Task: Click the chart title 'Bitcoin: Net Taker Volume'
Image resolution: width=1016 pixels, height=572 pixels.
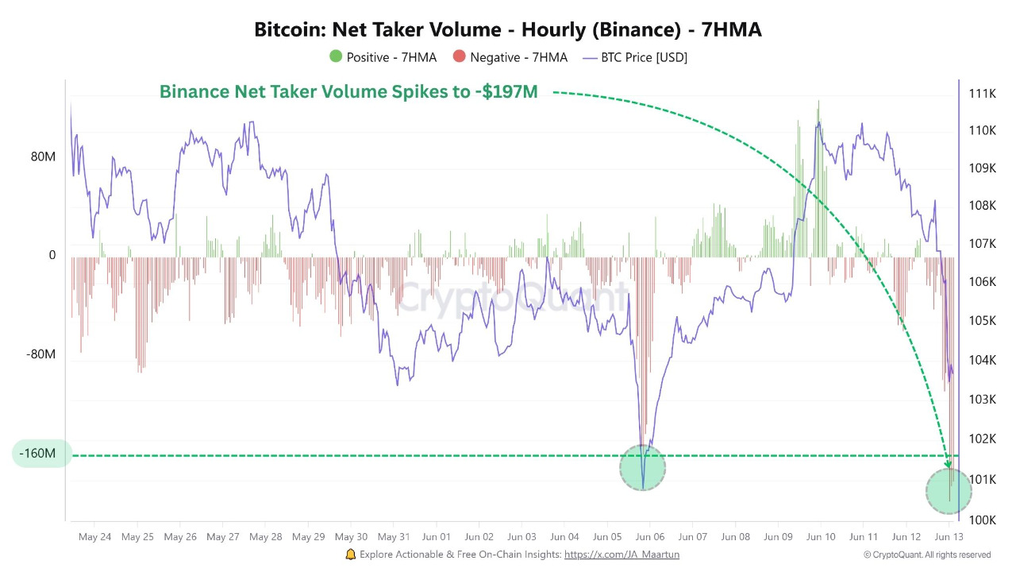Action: point(507,30)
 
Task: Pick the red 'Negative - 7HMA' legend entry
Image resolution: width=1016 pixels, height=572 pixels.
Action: point(510,57)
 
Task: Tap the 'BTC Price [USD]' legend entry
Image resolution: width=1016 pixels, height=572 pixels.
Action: point(635,57)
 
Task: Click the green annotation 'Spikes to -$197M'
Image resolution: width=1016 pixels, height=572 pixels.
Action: point(348,92)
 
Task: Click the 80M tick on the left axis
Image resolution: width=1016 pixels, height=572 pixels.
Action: point(43,157)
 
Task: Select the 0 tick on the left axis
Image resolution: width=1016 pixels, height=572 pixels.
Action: point(52,255)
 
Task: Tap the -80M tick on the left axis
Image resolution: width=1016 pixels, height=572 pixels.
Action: point(41,354)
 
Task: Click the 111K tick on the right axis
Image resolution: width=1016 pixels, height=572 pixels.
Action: point(982,94)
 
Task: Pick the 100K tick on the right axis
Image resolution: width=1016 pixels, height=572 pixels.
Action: point(982,520)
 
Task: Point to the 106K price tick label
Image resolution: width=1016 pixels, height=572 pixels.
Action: point(982,282)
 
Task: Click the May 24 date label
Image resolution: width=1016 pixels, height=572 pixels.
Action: point(94,537)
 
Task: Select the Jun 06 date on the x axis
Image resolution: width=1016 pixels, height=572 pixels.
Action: point(650,537)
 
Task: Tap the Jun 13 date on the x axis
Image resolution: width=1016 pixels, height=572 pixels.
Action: point(949,537)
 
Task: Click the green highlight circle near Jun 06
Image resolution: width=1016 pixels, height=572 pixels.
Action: point(642,468)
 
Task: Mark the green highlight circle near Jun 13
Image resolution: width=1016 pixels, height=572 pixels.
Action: point(949,491)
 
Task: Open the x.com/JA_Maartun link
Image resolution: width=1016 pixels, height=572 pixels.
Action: point(622,555)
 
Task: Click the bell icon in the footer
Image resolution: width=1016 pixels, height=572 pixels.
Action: point(351,555)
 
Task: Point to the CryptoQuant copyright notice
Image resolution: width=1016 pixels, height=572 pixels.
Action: point(926,555)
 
